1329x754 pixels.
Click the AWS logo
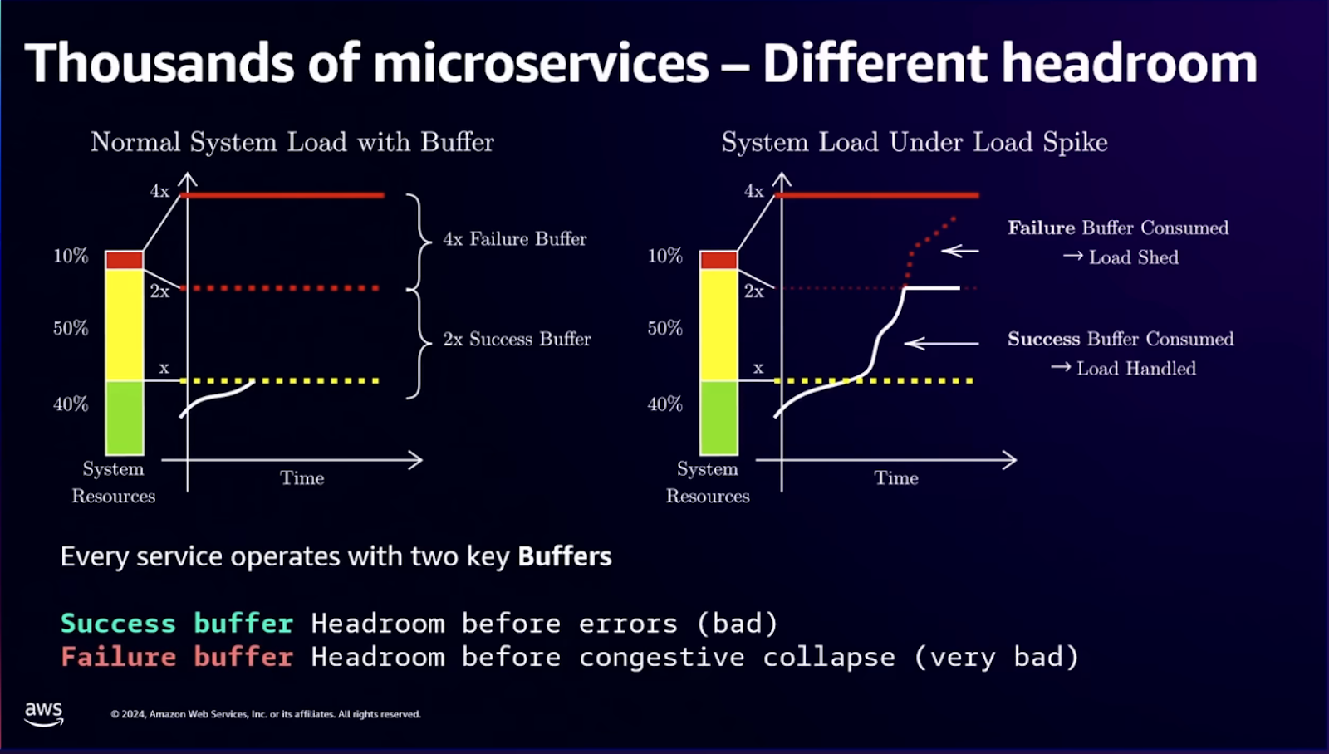[x=43, y=713]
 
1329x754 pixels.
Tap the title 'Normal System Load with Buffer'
[x=292, y=142]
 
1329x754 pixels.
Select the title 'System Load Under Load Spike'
[x=914, y=142]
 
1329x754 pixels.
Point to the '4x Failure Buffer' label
[x=514, y=239]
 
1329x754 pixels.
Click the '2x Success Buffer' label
[x=517, y=339]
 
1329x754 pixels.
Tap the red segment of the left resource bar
[x=125, y=259]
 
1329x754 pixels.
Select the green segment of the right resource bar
[x=718, y=417]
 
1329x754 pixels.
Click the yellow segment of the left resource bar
[x=125, y=324]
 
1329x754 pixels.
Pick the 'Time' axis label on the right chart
[x=895, y=478]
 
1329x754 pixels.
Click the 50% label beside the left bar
[x=71, y=328]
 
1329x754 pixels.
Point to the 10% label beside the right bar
[x=664, y=256]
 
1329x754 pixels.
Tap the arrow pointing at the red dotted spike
[x=960, y=250]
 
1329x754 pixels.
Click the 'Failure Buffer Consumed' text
[x=1117, y=228]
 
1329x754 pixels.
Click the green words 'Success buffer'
[x=176, y=623]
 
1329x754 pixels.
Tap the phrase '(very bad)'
[x=995, y=657]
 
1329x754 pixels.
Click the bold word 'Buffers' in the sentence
[x=564, y=556]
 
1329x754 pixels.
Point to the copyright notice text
[x=266, y=714]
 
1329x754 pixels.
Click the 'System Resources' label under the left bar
[x=114, y=482]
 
